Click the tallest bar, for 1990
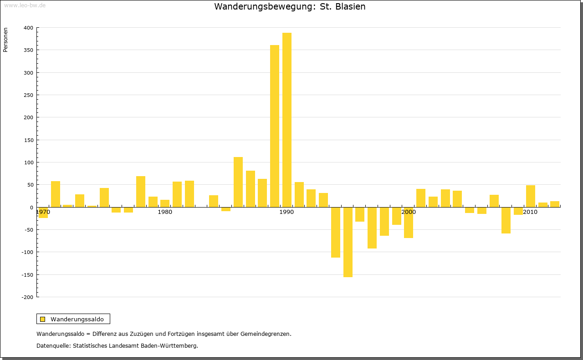287,120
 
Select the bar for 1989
275,126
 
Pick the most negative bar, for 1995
348,242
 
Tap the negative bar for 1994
336,232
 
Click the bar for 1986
238,182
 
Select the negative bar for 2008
506,220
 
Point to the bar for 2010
531,196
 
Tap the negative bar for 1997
372,228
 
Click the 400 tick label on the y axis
28,28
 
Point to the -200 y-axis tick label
27,297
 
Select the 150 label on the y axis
28,140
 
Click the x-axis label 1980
165,212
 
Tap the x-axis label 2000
409,212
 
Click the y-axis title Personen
5,40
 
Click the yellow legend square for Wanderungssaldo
43,319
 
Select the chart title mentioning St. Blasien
290,7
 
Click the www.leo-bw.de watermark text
25,5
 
